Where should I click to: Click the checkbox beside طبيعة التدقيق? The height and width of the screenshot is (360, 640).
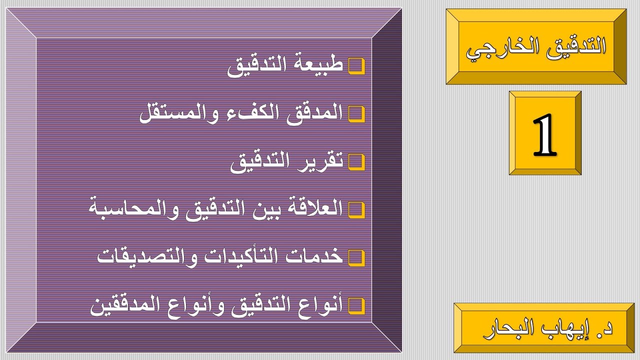click(x=356, y=66)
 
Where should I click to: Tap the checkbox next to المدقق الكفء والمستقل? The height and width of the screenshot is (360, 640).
click(x=356, y=114)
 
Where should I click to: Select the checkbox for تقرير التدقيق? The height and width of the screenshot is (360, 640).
click(x=356, y=162)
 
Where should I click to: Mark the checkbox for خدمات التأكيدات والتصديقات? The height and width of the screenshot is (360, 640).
click(x=356, y=257)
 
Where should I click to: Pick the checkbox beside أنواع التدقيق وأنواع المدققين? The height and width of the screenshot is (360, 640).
click(x=356, y=305)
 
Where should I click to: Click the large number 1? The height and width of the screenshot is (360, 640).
click(x=544, y=134)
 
